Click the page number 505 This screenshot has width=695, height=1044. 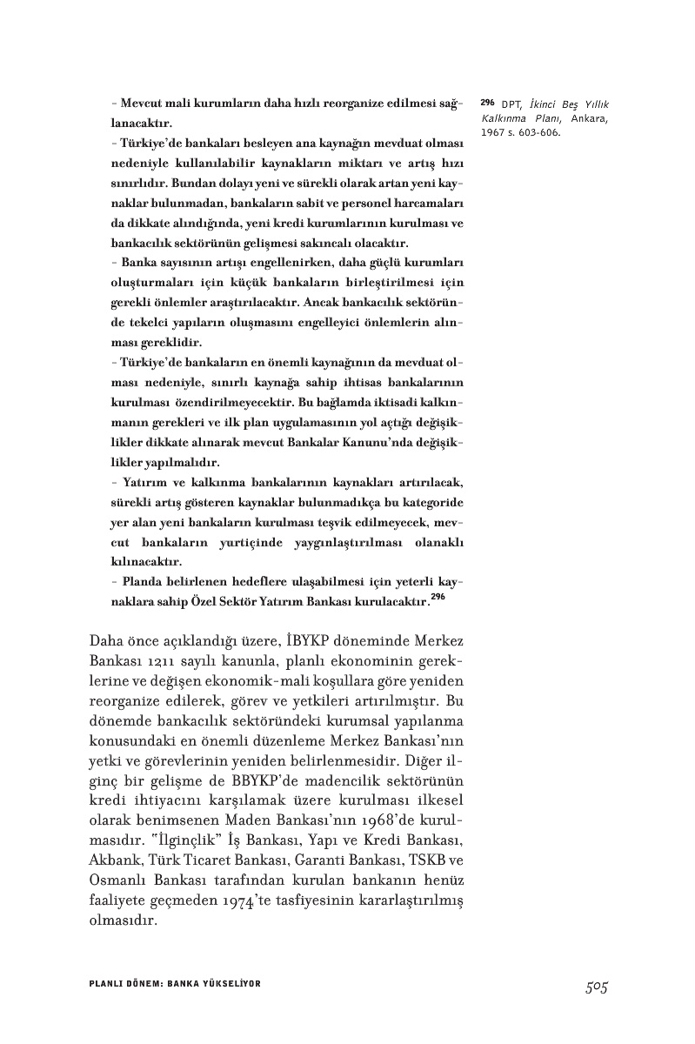click(x=596, y=986)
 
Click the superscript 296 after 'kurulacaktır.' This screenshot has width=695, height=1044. click(x=438, y=598)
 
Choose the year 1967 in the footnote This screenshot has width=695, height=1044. click(x=492, y=133)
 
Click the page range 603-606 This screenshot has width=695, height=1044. click(x=540, y=133)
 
